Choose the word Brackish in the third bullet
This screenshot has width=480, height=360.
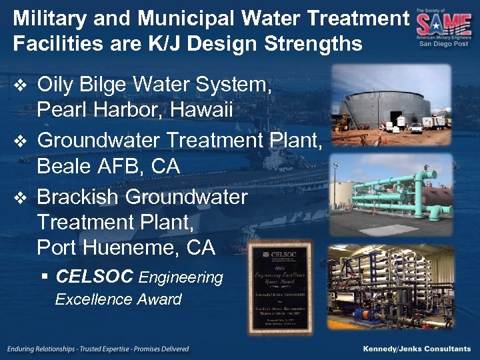pos(78,197)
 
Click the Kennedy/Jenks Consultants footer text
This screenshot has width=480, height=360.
pos(417,349)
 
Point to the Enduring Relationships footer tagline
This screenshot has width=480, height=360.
pos(99,349)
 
